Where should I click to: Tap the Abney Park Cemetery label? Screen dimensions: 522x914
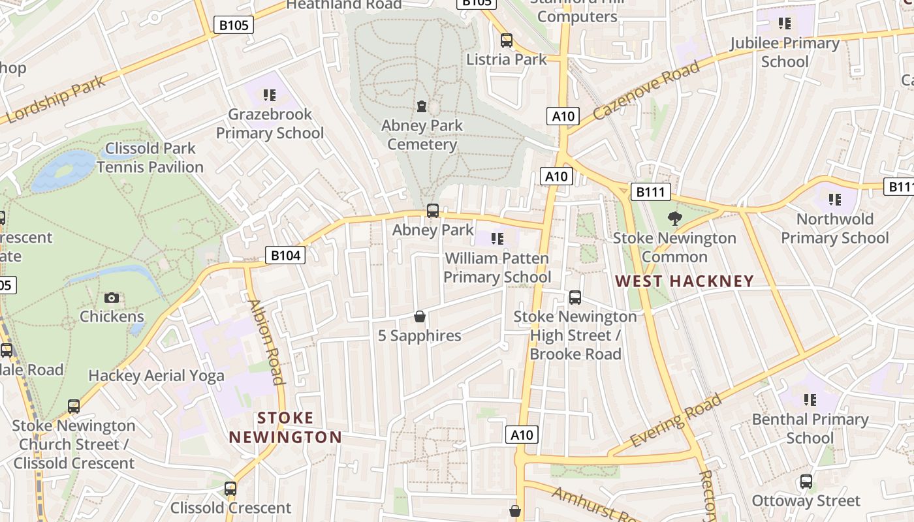(x=422, y=135)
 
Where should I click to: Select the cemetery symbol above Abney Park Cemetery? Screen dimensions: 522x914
(x=422, y=106)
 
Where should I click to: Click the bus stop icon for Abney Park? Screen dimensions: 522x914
(x=432, y=211)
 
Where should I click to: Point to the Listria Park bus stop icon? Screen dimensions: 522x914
(x=506, y=40)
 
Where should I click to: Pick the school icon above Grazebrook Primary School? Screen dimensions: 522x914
(x=270, y=95)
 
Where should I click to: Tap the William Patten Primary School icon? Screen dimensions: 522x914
(x=497, y=239)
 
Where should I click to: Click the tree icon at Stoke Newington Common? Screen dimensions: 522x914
(x=674, y=219)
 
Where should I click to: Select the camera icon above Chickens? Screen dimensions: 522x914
(x=112, y=298)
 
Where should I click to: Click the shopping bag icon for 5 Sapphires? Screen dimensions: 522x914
(x=420, y=316)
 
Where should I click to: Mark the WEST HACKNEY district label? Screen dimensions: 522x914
(x=685, y=281)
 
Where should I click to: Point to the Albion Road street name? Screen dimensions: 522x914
(x=266, y=342)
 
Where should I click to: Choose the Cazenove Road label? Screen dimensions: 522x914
(x=647, y=89)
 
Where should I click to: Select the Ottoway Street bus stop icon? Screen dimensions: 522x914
(x=806, y=482)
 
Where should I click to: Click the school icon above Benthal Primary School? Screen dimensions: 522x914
(x=810, y=399)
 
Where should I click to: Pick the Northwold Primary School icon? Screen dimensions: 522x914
(x=834, y=200)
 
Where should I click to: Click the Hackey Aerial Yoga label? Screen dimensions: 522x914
(x=156, y=376)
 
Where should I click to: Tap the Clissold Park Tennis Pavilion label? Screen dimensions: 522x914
(x=150, y=158)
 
